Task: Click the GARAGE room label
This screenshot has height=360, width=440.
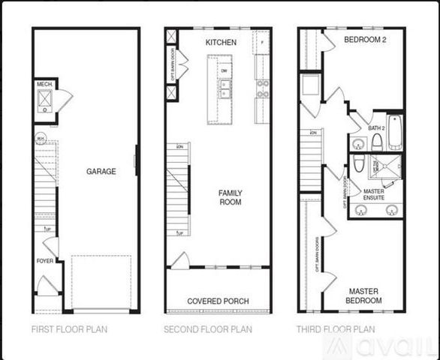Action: coord(101,171)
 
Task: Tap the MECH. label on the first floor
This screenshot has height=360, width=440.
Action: coord(44,85)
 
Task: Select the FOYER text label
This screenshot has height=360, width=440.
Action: coord(45,261)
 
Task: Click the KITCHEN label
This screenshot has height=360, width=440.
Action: coord(221,43)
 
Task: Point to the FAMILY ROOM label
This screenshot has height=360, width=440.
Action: coord(230,197)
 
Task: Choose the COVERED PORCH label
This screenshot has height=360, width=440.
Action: coord(218,301)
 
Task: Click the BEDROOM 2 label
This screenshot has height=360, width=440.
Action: coord(365,39)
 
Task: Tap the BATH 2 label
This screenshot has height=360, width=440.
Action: coord(376,128)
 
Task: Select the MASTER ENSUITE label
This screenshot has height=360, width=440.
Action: coord(374,196)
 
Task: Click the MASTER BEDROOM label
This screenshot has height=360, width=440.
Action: coord(363,295)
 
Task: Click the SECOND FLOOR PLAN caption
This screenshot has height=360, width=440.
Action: coord(208,329)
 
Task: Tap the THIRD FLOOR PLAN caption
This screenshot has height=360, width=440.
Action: coord(337,329)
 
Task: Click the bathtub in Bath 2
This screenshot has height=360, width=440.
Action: coord(394,131)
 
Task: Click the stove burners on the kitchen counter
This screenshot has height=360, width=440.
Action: coord(263,89)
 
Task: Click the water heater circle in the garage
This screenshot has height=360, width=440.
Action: coord(41,138)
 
